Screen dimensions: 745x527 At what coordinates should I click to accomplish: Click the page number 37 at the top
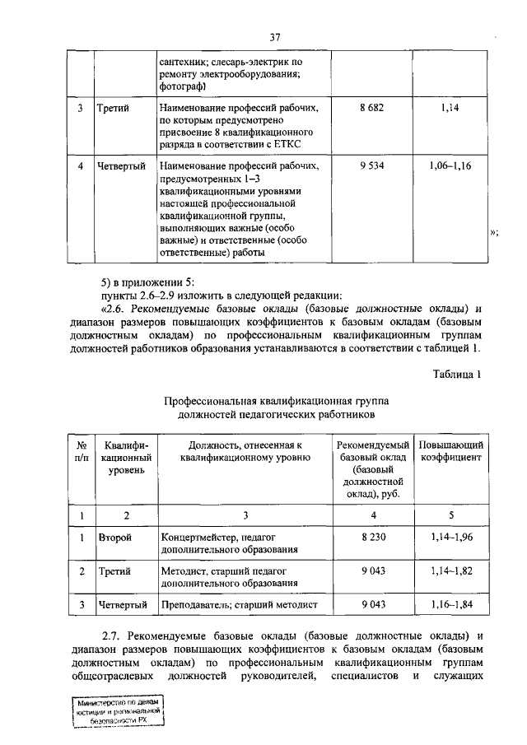point(276,37)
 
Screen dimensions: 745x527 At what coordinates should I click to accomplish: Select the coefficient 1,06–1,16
point(450,165)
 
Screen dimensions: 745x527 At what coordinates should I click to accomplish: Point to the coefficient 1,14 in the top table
point(450,107)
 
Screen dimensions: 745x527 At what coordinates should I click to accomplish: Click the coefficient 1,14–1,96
point(450,536)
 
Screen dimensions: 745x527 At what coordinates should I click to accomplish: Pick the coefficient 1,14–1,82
point(450,570)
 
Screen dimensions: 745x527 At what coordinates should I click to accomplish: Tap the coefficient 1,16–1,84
point(450,605)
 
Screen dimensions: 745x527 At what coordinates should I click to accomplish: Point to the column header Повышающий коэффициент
point(450,450)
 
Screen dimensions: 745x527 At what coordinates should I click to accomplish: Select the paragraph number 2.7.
point(111,636)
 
